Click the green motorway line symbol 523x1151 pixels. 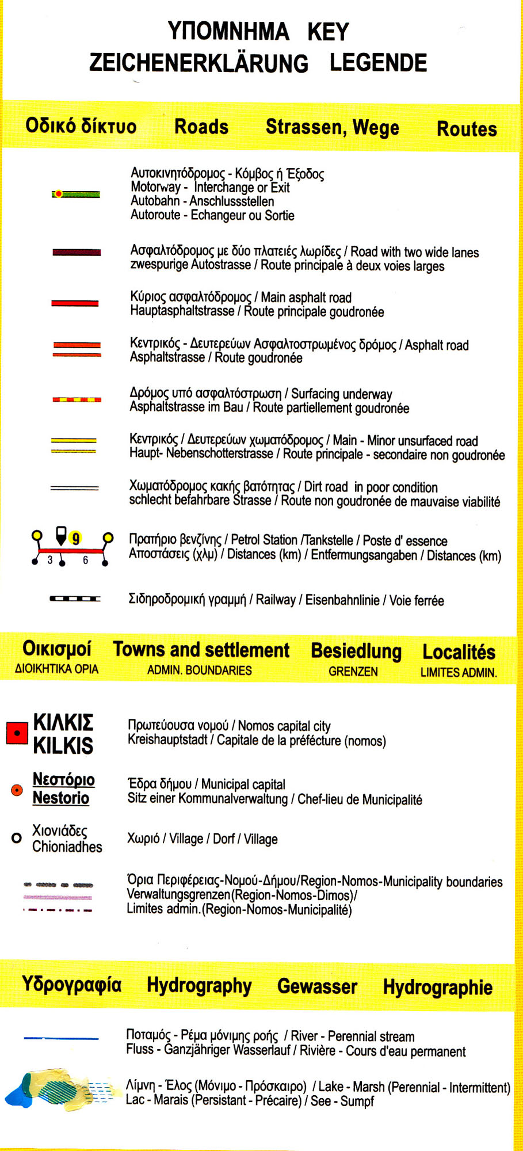(x=77, y=194)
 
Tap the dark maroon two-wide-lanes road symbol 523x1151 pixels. (x=77, y=252)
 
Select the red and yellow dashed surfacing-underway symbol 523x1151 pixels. (x=77, y=399)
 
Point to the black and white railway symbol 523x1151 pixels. (x=75, y=599)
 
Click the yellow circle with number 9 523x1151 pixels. (x=75, y=539)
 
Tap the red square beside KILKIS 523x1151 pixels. (x=17, y=733)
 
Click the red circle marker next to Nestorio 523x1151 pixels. (x=17, y=790)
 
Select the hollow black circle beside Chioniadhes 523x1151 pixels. (x=17, y=838)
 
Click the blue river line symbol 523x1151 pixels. (x=61, y=1038)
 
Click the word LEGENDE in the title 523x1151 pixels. (x=378, y=63)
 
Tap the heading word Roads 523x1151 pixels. (x=201, y=127)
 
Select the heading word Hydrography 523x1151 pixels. (x=199, y=985)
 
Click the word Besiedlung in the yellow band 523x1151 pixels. (x=356, y=651)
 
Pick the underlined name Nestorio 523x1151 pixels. (x=61, y=798)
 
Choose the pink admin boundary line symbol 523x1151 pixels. (x=58, y=897)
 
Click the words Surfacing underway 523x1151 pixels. (x=341, y=394)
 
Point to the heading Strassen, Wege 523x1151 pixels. (x=332, y=127)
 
